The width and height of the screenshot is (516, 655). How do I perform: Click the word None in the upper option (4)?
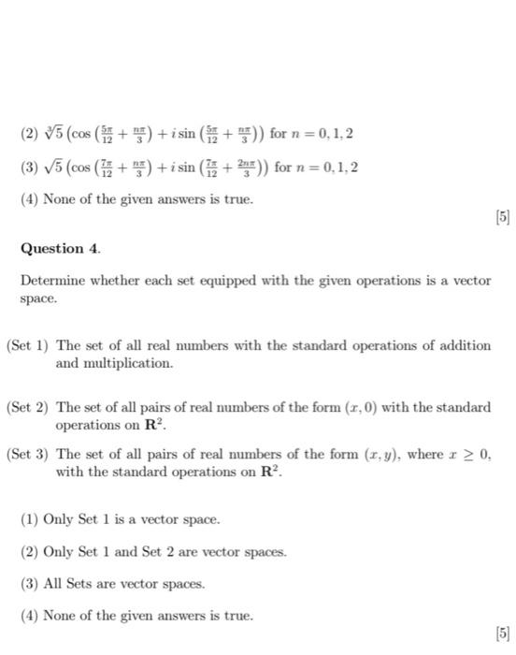[62, 199]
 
